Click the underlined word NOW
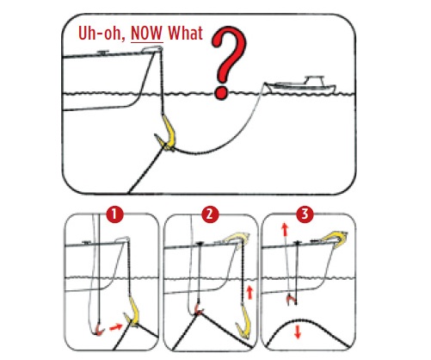coord(147,34)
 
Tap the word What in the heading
coord(186,33)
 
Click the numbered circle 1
coord(114,214)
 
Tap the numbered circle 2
coord(210,214)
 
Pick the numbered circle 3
coord(305,214)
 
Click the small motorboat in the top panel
coord(301,85)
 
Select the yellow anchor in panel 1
coord(133,313)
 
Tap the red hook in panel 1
coord(99,329)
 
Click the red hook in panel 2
coord(198,309)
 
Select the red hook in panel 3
coord(291,300)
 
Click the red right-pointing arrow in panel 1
coord(116,327)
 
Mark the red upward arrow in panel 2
coord(250,292)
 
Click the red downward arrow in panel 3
coord(298,332)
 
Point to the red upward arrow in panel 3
coord(285,230)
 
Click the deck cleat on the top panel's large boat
coord(102,53)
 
